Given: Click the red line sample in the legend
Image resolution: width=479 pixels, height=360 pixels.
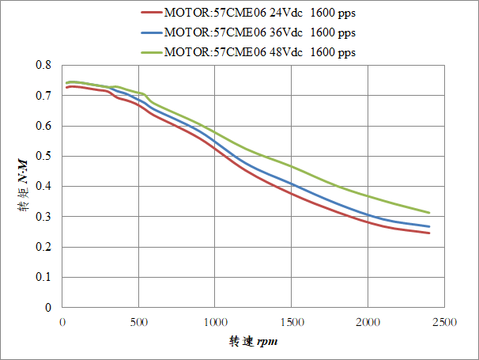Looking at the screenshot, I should tap(151, 13).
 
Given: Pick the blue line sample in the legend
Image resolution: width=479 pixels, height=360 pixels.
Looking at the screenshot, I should tap(151, 32).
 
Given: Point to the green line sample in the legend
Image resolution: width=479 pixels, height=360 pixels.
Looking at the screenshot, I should tap(151, 52).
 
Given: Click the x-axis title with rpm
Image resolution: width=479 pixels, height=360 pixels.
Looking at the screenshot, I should tap(254, 342).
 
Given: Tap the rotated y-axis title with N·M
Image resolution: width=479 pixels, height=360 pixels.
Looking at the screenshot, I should tap(23, 187).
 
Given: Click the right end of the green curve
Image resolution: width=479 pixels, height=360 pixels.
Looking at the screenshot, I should tap(428, 213).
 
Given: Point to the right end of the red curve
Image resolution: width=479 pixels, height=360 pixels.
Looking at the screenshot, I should tap(428, 233).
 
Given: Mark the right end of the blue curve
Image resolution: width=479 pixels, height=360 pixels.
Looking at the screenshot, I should tap(428, 226).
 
